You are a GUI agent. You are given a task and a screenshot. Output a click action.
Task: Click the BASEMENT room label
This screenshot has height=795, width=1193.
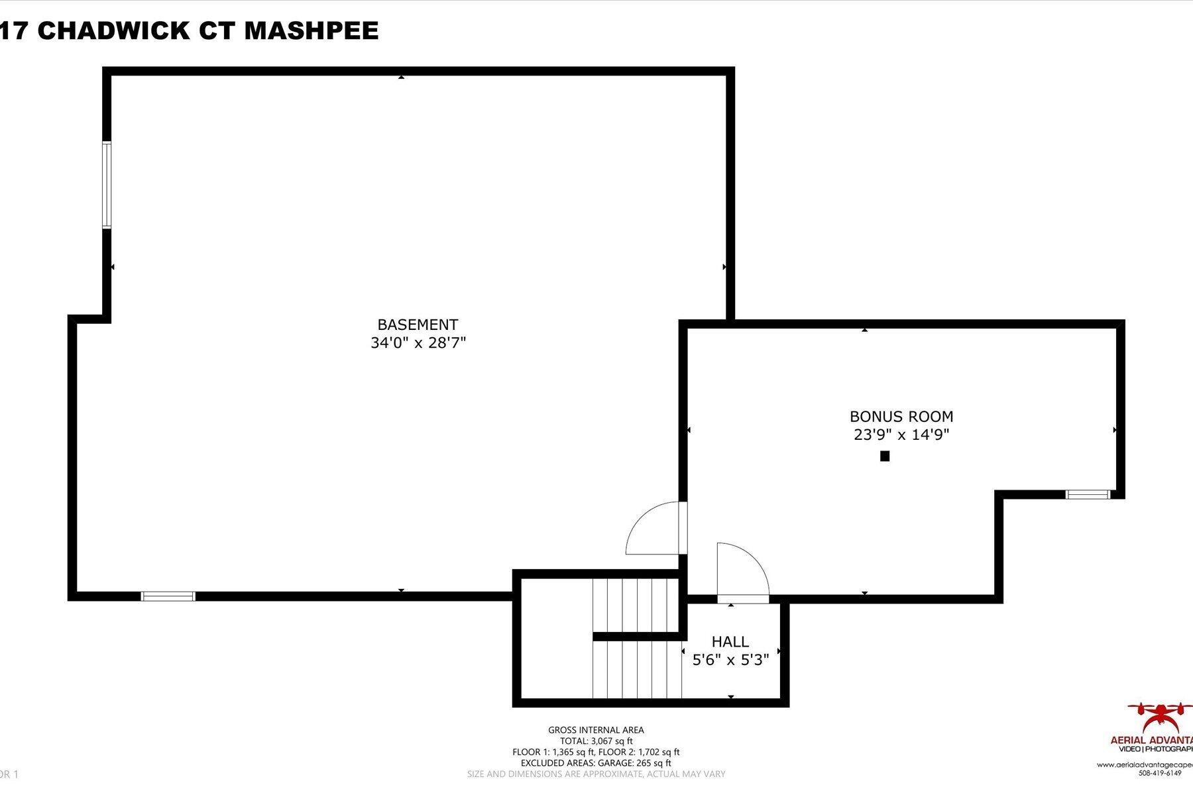coord(418,325)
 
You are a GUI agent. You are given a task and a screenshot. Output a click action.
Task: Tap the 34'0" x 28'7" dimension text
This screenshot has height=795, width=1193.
coord(418,343)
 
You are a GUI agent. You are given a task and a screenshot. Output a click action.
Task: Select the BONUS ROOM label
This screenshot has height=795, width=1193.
coord(901,417)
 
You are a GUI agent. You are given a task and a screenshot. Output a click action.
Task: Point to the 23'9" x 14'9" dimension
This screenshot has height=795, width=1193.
coord(901,435)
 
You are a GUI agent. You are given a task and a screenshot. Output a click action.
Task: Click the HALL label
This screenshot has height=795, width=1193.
coord(730,642)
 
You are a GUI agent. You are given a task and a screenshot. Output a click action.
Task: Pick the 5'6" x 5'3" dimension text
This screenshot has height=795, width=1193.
coord(730,661)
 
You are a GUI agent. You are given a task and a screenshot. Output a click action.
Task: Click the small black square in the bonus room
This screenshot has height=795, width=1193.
coord(884,456)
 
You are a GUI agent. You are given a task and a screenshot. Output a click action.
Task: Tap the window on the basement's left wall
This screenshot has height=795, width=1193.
coord(106,185)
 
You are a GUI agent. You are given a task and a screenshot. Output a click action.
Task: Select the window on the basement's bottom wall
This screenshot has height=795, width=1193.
coord(168,596)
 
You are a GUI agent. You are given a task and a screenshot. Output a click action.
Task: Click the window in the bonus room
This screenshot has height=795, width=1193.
coord(1088,494)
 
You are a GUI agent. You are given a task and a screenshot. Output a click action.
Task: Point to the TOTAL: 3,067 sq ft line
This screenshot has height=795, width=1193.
coord(596,741)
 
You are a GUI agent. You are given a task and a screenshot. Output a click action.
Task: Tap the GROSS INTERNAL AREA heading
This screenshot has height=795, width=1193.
coord(596,730)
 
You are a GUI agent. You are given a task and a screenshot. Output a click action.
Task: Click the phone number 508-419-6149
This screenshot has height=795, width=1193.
coord(1160,773)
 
